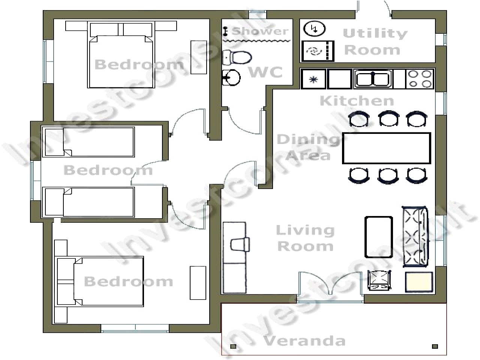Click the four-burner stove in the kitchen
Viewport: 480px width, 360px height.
420,79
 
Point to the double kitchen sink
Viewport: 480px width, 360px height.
373,79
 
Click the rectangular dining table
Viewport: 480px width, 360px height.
386,148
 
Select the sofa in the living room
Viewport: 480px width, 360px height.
415,236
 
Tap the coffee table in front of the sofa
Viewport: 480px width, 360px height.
379,237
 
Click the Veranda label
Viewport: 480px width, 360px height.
303,341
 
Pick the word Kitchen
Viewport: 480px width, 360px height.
357,101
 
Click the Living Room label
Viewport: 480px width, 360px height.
305,238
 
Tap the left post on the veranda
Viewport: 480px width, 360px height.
233,346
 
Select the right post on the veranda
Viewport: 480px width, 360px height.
435,346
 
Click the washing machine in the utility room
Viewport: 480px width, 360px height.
318,51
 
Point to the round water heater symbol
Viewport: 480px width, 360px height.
314,29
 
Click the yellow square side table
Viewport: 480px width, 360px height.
419,282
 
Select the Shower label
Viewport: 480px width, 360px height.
260,31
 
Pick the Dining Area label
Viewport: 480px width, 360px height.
308,147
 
